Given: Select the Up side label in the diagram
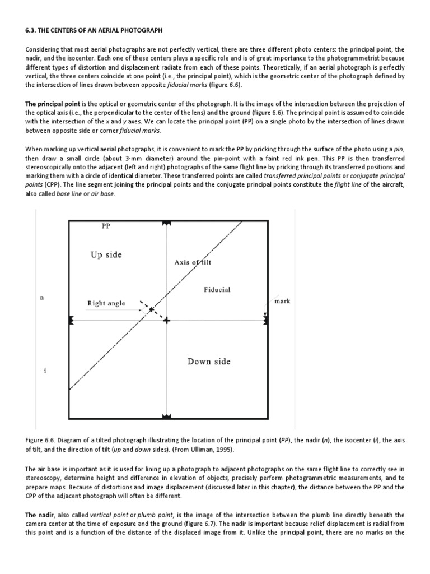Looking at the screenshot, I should pyautogui.click(x=106, y=254).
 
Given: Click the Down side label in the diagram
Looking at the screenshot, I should pyautogui.click(x=208, y=362).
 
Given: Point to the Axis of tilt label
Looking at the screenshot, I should pyautogui.click(x=193, y=262).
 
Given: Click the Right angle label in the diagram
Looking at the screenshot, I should pyautogui.click(x=106, y=303).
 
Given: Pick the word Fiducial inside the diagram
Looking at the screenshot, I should pyautogui.click(x=217, y=290).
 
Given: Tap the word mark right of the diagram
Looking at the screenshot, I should pyautogui.click(x=283, y=301).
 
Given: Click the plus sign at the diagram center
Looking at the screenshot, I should pyautogui.click(x=166, y=320).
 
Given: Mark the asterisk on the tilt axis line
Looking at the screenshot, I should pyautogui.click(x=151, y=309).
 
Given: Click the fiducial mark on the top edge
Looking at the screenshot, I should pyautogui.click(x=166, y=223).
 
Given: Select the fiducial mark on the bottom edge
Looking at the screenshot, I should pyautogui.click(x=166, y=416).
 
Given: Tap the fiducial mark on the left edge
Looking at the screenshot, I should pyautogui.click(x=71, y=320).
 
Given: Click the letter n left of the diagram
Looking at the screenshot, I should pyautogui.click(x=41, y=298).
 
